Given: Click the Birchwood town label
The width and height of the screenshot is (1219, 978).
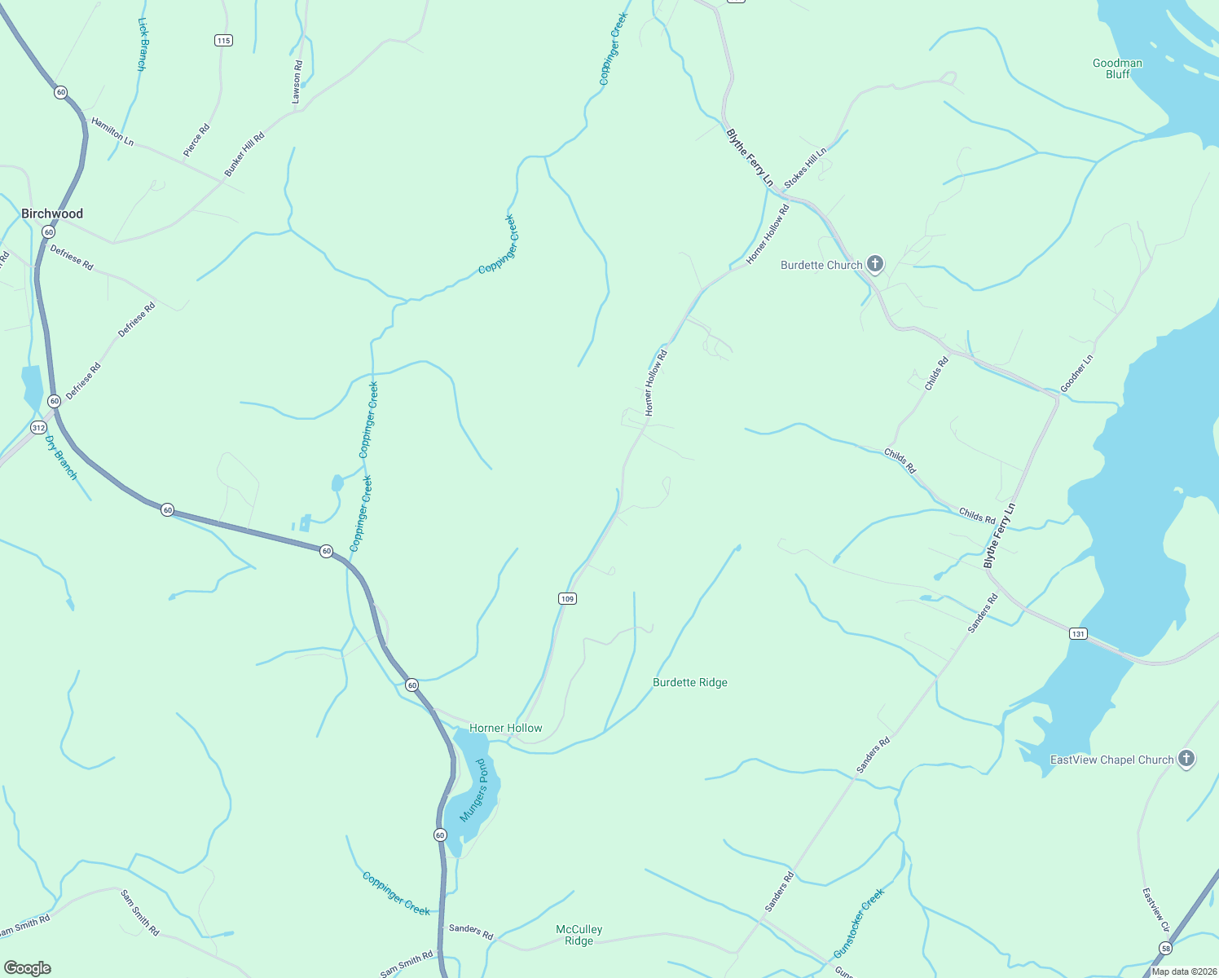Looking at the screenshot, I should coord(52,214).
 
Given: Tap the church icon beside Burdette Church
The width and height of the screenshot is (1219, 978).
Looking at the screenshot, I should coord(875,263).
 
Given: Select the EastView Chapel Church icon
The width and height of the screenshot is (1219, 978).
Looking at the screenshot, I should coord(1186,759).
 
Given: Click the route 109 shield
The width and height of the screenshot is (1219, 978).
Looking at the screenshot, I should coord(567,598).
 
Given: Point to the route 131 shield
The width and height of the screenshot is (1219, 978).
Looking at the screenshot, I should coord(1078,633).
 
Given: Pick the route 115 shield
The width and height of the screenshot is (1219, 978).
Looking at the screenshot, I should coord(224,40).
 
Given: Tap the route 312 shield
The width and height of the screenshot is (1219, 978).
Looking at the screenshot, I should coord(38,427).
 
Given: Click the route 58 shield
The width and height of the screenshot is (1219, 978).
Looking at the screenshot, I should coord(1166,948).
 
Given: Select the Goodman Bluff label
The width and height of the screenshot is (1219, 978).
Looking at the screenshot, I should coord(1117,68).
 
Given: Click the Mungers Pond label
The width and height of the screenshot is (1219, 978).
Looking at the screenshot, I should coord(473,791).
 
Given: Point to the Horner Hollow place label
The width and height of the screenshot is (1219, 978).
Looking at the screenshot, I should coord(505,728).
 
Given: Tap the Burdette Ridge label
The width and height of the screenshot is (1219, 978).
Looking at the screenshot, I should coord(689,682).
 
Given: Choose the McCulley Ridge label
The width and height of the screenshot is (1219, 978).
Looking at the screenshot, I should coord(579,935).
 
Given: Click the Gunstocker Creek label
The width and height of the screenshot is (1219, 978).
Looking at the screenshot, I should coord(859,923).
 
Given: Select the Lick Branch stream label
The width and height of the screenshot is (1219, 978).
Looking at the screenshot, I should coord(142,45).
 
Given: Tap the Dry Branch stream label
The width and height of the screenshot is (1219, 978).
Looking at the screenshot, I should coord(61,457).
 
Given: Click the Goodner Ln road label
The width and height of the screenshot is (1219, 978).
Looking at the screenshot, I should coord(1076,372).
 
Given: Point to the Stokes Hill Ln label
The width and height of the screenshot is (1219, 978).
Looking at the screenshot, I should coord(805,168).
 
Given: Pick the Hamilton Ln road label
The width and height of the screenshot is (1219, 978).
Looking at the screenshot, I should coord(112,131).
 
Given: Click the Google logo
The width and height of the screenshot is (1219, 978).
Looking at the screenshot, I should coord(28,968).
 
